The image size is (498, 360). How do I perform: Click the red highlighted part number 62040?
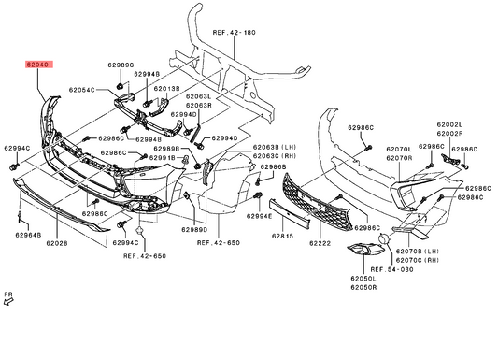[38, 65]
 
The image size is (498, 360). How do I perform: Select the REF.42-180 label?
[234, 33]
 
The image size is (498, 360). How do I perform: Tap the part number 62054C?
[81, 90]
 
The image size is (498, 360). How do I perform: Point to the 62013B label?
[166, 88]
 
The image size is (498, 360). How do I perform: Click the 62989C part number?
[121, 65]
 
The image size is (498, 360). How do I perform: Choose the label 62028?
[57, 243]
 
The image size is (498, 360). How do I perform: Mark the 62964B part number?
[28, 235]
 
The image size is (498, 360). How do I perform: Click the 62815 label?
[283, 236]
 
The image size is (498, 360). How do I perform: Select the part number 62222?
[320, 243]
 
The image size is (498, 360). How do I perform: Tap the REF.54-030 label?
[391, 269]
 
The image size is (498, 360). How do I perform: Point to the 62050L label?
[363, 279]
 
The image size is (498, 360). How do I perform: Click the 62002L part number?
[449, 125]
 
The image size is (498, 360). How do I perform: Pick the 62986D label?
[464, 150]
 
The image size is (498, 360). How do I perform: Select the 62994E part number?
[260, 217]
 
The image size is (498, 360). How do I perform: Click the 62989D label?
[194, 229]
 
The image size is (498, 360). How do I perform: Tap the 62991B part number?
[162, 158]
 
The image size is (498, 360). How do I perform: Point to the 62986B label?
[273, 166]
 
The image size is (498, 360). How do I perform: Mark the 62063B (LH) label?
[275, 148]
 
